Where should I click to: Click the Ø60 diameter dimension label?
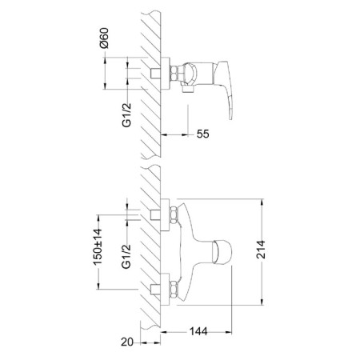[x=104, y=38]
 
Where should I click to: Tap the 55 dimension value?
[x=203, y=134]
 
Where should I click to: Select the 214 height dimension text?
[x=261, y=250]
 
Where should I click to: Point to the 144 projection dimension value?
[x=198, y=331]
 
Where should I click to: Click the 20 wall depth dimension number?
[x=127, y=342]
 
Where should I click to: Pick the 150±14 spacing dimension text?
[x=98, y=246]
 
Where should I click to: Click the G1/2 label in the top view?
[x=127, y=115]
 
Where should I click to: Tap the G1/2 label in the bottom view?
[x=126, y=256]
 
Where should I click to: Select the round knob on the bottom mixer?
[x=222, y=252]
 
